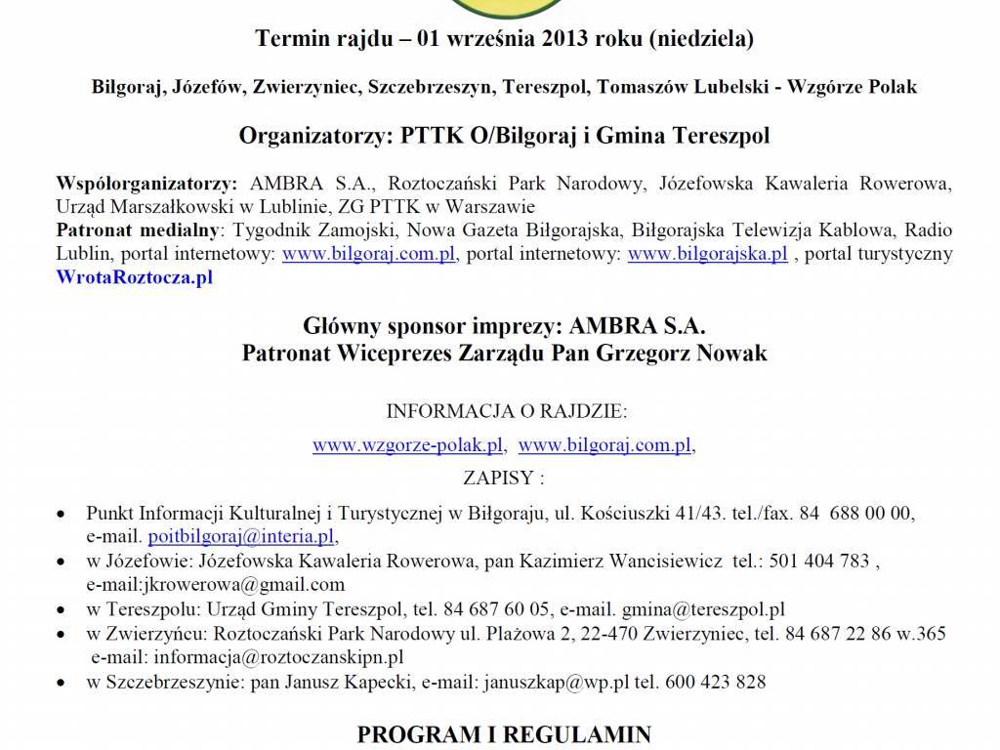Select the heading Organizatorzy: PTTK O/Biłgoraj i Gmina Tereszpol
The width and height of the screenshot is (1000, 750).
pyautogui.click(x=504, y=136)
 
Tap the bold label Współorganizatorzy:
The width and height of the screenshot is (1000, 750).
pyautogui.click(x=146, y=184)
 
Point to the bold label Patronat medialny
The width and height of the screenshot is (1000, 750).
pyautogui.click(x=140, y=230)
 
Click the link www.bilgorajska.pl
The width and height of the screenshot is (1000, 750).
pyautogui.click(x=707, y=254)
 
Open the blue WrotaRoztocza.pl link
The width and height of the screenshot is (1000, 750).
pyautogui.click(x=135, y=277)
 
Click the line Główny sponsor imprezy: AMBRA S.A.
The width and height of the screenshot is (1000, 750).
pyautogui.click(x=504, y=325)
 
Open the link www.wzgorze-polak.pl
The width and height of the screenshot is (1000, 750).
pyautogui.click(x=408, y=445)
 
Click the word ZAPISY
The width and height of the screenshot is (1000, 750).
pyautogui.click(x=500, y=479)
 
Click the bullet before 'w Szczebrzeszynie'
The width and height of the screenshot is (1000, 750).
pyautogui.click(x=63, y=682)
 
